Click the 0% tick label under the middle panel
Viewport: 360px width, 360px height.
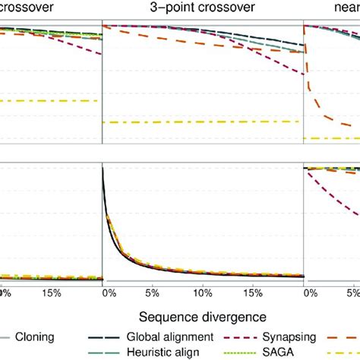click(x=106, y=291)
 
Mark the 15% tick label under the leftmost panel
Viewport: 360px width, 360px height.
click(x=51, y=291)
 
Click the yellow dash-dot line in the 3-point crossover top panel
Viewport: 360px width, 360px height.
click(x=203, y=122)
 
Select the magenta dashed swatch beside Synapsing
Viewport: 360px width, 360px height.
click(x=231, y=336)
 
